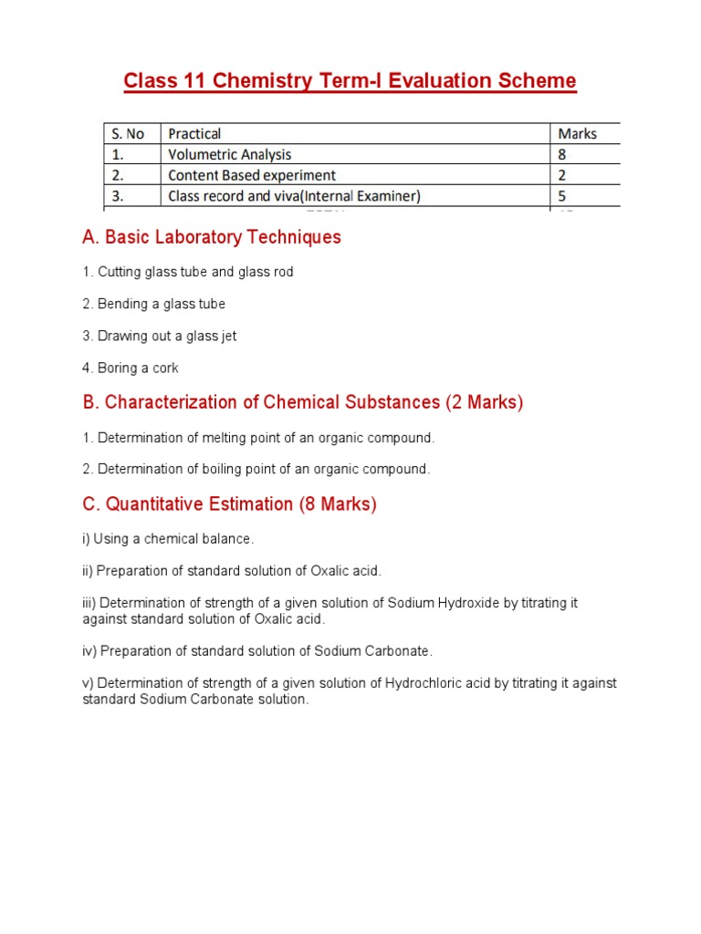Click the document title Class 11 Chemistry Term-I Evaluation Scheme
coord(350,81)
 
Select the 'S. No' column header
coord(123,134)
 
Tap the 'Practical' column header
coord(194,134)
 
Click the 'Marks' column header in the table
coord(577,134)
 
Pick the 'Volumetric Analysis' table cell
coord(230,155)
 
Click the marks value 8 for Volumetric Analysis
coord(562,155)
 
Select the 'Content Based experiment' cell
coord(252,175)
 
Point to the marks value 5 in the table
coord(562,196)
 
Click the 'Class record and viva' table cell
coord(294,196)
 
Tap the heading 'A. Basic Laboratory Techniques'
coord(211,237)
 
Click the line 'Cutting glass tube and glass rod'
coord(188,272)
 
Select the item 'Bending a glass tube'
coord(153,304)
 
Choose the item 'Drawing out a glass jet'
coord(159,336)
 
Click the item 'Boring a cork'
coord(131,368)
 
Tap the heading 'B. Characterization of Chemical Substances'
coord(302,402)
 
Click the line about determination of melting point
coord(258,438)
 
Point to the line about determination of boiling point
coord(256,469)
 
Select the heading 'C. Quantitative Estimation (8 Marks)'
coord(229,503)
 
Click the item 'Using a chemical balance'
coord(168,539)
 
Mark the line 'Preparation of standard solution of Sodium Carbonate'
coord(257,651)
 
